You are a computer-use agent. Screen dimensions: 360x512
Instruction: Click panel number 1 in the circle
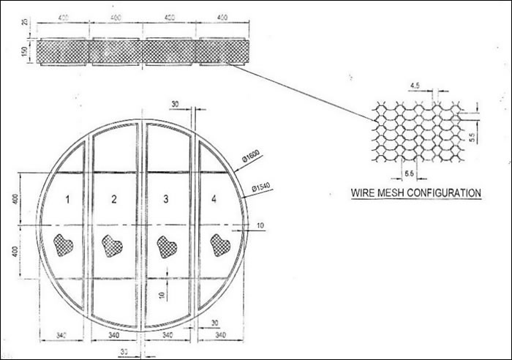point(69,198)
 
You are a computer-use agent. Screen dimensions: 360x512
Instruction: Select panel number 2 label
point(114,198)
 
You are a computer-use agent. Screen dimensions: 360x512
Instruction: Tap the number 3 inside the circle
point(166,198)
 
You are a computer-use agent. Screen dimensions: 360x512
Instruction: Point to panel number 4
point(214,198)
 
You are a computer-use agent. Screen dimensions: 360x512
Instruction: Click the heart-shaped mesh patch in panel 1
point(64,244)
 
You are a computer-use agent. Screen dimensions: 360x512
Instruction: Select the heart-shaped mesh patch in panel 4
point(219,245)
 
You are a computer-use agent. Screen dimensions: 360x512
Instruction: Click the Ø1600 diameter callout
point(249,155)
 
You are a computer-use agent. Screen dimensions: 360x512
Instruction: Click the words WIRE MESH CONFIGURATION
point(415,193)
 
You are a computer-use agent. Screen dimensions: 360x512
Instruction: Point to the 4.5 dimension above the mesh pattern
point(415,86)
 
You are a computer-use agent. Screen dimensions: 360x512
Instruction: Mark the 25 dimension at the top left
point(25,21)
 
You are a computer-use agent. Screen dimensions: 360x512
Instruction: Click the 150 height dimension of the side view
point(25,51)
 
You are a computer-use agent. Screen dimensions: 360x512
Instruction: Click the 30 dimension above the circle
point(175,104)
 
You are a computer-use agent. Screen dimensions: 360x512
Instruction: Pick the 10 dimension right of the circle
point(260,227)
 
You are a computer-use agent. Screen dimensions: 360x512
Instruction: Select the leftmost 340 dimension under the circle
point(63,335)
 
